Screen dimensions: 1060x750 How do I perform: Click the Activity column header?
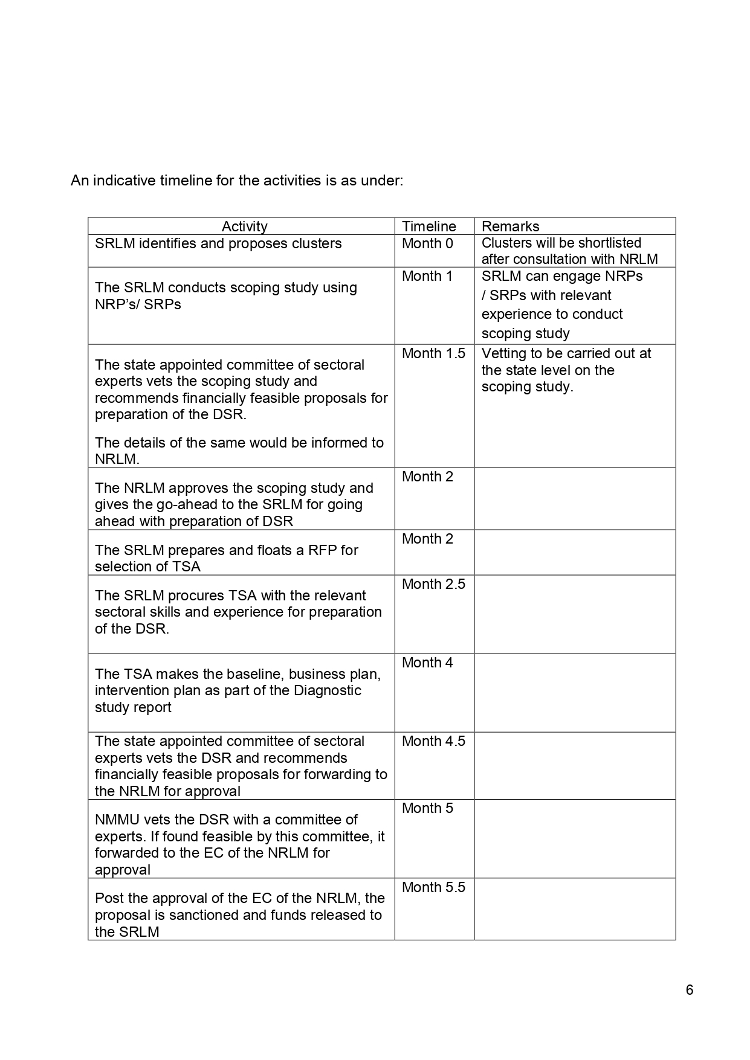(244, 226)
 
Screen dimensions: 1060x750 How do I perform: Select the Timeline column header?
(429, 226)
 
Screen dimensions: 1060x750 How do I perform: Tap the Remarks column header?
(510, 226)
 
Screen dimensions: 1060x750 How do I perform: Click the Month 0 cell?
(427, 243)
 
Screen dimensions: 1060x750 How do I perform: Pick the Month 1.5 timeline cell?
(433, 353)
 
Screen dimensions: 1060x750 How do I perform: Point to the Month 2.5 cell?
(433, 584)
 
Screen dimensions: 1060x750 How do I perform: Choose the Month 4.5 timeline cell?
(433, 741)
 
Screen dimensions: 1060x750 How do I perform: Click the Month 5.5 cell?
(433, 887)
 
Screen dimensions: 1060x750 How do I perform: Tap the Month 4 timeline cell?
(427, 663)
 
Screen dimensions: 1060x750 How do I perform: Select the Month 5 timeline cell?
(427, 808)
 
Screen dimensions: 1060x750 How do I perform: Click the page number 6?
(690, 990)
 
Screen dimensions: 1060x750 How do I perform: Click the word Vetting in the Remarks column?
(503, 353)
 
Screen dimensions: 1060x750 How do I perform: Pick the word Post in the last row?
(109, 898)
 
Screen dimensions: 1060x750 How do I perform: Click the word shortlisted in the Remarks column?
(604, 243)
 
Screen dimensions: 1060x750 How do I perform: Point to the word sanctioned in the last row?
(198, 915)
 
